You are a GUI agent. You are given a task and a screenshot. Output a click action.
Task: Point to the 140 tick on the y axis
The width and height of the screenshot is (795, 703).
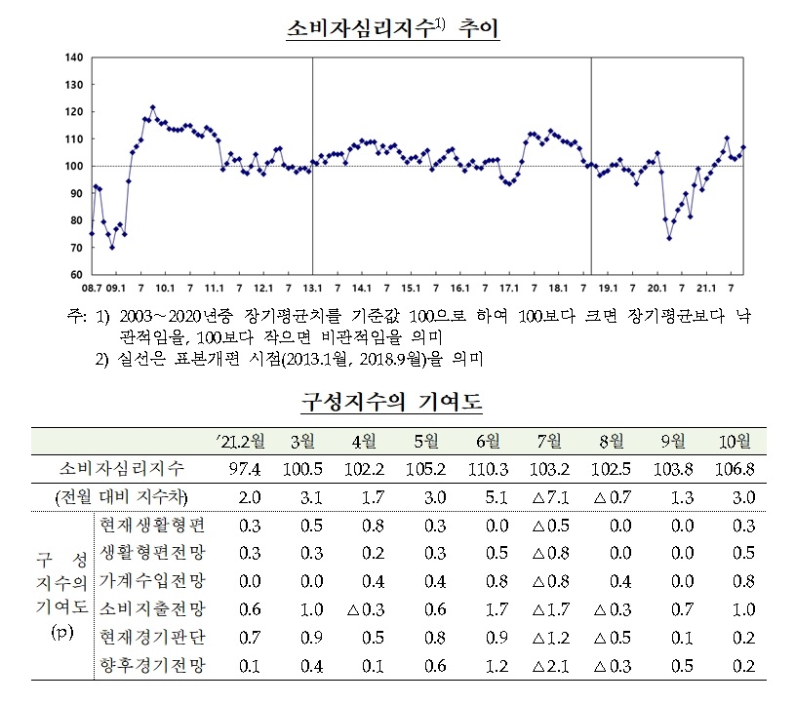pos(73,58)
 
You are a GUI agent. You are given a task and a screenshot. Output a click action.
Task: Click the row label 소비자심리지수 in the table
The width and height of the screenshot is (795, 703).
pos(125,469)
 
